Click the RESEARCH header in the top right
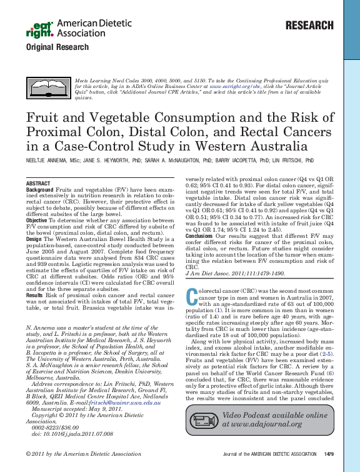[309, 26]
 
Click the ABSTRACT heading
[38, 183]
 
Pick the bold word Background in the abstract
[39, 189]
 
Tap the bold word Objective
[37, 220]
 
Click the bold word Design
[34, 239]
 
